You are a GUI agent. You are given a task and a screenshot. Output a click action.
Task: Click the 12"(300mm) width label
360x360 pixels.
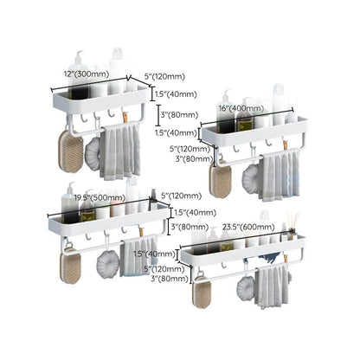pos(87,74)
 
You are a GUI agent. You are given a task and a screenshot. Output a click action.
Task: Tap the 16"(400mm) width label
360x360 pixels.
pos(241,108)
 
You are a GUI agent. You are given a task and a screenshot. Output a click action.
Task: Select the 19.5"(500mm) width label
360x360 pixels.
pos(100,198)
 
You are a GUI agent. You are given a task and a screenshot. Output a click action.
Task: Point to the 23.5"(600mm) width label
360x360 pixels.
pos(248,227)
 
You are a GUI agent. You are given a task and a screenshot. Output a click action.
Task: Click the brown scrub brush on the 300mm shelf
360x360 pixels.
pos(71,151)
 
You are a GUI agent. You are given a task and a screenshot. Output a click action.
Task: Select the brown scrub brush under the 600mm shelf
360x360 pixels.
pos(202,292)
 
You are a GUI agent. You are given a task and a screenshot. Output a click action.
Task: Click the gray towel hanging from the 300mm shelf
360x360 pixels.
pos(120,151)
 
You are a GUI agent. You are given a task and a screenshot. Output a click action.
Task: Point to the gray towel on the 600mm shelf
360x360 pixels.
pos(271,286)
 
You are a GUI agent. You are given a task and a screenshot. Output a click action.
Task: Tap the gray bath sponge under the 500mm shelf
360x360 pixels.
pos(108,264)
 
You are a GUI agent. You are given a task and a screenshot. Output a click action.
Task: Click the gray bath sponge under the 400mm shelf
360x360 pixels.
pos(251,179)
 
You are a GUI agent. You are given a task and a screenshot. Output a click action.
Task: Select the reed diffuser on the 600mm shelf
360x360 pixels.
pos(292,227)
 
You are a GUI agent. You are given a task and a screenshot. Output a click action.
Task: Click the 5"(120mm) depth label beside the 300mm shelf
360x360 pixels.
pos(164,77)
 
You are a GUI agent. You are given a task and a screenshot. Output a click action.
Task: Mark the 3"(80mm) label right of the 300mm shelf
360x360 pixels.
pos(180,115)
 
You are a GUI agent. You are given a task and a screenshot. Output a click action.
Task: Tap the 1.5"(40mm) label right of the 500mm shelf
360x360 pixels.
pos(196,213)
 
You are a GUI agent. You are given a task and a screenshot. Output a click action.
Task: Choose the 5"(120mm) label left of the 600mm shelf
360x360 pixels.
pos(164,269)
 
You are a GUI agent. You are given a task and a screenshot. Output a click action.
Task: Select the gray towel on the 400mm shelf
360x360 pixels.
pos(279,175)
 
